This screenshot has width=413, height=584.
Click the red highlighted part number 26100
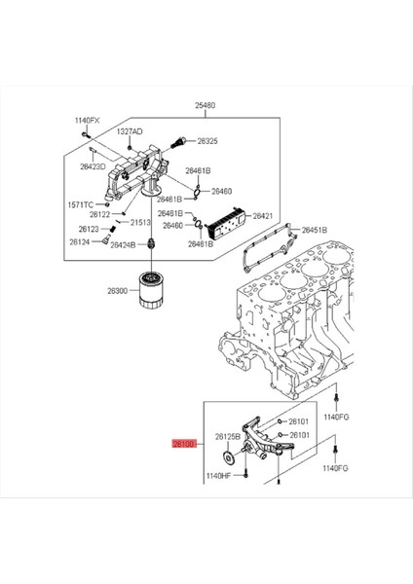coord(184,444)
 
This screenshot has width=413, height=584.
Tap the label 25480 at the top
coord(206,105)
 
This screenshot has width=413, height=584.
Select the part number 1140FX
coord(88,121)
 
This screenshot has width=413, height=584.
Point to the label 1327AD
coord(130,131)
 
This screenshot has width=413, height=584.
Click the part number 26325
coord(206,141)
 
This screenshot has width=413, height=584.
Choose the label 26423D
coord(94,165)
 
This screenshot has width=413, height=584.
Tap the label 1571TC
coord(80,204)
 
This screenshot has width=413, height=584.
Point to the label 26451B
coord(314,231)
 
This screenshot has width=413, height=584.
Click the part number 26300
coord(118,291)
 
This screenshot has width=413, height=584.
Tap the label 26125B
coord(227,436)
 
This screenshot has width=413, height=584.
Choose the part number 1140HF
coord(218,476)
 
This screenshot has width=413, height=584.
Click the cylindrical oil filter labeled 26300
coord(151,289)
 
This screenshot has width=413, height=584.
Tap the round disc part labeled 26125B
coord(228,460)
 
